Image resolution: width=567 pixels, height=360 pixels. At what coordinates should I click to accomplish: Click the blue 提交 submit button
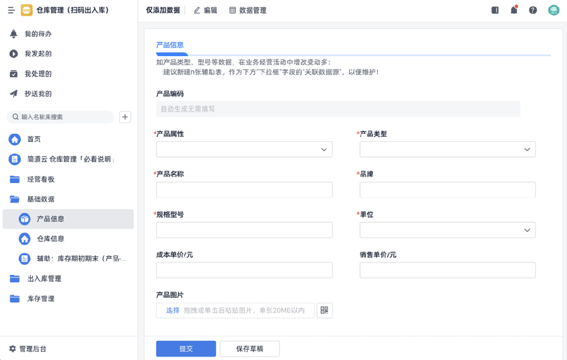(x=186, y=349)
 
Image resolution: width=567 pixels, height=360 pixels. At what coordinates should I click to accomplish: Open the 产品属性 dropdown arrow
(x=324, y=150)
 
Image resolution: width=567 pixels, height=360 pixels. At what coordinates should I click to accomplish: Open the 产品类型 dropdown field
(x=447, y=149)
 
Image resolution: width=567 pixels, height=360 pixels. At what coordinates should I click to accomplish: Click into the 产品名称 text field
(x=244, y=190)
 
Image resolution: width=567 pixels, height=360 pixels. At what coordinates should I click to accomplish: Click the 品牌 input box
(x=447, y=190)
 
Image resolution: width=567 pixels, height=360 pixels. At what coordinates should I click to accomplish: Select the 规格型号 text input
(x=244, y=230)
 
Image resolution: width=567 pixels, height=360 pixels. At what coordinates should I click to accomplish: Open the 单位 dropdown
(x=447, y=230)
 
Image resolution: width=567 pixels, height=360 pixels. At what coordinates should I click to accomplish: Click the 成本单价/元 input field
(x=244, y=270)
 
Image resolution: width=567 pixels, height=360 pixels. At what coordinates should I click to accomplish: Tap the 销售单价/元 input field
(x=447, y=270)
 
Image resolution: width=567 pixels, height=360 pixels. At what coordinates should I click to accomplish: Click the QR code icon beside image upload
(x=324, y=310)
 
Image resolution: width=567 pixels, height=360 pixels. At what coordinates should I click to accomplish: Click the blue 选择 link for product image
(x=172, y=311)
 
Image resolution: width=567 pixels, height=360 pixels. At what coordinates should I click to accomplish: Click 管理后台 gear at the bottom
(x=12, y=349)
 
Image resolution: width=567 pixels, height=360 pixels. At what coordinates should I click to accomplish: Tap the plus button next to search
(x=125, y=117)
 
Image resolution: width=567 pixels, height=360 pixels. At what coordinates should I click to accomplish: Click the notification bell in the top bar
(x=514, y=10)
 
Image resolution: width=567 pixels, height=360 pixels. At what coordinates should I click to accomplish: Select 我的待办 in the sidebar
(x=38, y=34)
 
